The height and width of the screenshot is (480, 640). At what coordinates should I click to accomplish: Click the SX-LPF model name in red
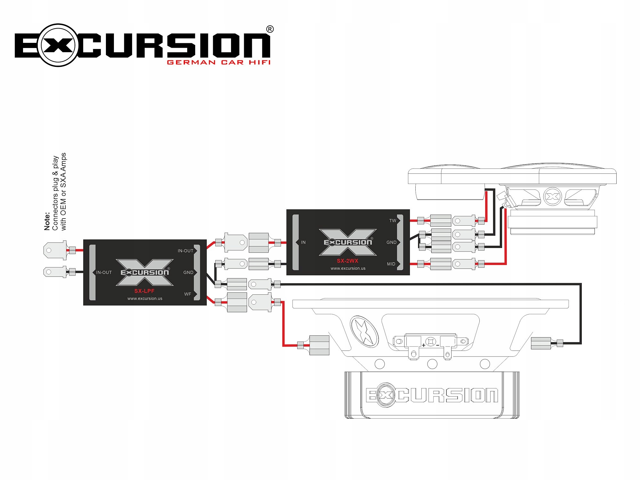[x=144, y=291]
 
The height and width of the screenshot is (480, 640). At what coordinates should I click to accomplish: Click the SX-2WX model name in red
[x=348, y=261]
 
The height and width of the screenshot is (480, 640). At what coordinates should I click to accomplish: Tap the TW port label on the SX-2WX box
[x=393, y=220]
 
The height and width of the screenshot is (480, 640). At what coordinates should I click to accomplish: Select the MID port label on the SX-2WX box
[x=391, y=264]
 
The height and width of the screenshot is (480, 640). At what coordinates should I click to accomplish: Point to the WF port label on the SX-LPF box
[x=188, y=294]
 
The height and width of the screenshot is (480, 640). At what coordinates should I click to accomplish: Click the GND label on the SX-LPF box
[x=188, y=272]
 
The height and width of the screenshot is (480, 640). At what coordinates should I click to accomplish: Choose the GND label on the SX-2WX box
[x=391, y=242]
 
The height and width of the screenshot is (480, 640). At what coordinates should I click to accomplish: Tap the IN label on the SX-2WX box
[x=303, y=242]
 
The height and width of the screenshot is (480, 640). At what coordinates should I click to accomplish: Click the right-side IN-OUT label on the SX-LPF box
[x=185, y=251]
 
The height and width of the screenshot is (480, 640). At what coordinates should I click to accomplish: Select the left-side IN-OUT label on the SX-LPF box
[x=104, y=272]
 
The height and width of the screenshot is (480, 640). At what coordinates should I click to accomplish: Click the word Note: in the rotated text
[x=47, y=221]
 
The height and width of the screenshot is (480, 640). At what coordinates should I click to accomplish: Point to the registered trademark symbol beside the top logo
[x=270, y=29]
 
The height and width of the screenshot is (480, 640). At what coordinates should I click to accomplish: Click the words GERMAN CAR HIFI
[x=219, y=62]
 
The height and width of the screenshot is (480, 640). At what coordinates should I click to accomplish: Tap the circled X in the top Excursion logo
[x=58, y=45]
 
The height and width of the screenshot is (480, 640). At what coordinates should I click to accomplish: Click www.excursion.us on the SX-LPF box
[x=145, y=299]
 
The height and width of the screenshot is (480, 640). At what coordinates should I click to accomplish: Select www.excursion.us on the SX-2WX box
[x=348, y=268]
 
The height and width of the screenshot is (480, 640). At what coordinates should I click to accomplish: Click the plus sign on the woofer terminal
[x=423, y=345]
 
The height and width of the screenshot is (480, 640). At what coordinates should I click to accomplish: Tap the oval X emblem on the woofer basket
[x=364, y=332]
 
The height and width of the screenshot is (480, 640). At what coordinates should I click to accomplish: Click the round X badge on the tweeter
[x=552, y=196]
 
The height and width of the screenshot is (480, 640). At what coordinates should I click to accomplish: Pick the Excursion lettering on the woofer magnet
[x=432, y=395]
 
